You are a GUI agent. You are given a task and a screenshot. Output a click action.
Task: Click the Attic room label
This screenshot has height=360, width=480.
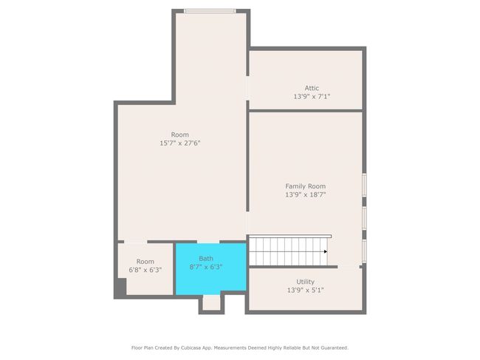click(312, 88)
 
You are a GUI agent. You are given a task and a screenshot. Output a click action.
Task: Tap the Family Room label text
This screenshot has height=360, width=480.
click(305, 186)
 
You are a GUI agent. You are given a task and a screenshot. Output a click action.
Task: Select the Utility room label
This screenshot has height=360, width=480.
click(305, 282)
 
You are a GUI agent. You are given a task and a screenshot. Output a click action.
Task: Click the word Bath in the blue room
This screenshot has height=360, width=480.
click(206, 258)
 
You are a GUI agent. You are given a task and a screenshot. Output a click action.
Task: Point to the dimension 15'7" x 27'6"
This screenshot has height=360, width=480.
click(180, 143)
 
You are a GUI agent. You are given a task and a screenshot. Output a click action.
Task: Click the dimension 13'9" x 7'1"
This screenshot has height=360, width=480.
click(312, 97)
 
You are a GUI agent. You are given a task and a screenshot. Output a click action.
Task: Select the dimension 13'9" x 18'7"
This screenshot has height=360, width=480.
click(305, 194)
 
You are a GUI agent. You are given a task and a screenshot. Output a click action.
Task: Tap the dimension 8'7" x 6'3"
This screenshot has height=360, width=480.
click(206, 267)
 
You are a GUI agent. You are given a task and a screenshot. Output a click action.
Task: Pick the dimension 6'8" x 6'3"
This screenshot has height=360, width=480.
click(145, 270)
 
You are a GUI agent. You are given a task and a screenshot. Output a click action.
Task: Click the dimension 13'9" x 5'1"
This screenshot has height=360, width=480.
click(305, 291)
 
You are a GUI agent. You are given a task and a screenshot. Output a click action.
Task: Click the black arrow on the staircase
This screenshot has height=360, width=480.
click(326, 251)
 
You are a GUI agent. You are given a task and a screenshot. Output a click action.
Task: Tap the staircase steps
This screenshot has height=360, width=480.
click(288, 251)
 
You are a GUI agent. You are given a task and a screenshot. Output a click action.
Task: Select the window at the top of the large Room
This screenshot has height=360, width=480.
click(210, 11)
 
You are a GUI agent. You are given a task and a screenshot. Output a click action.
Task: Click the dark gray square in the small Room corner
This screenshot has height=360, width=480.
click(120, 287)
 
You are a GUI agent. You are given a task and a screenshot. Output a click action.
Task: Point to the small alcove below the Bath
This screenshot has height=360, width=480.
click(211, 302)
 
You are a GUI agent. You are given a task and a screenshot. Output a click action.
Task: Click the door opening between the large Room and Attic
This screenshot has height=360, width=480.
click(247, 88)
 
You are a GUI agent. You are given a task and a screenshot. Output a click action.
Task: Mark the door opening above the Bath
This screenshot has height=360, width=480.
click(208, 242)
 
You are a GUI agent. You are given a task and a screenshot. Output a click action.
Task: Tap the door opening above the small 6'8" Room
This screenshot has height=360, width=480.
click(136, 242)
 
